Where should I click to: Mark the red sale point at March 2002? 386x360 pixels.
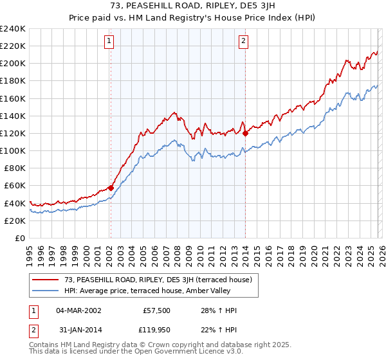pyautogui.click(x=111, y=188)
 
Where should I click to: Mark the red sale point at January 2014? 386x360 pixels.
pyautogui.click(x=246, y=134)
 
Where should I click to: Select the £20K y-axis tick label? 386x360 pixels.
pyautogui.click(x=15, y=221)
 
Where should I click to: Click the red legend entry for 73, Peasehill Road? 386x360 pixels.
pyautogui.click(x=152, y=280)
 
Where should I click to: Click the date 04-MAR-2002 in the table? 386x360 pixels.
pyautogui.click(x=78, y=310)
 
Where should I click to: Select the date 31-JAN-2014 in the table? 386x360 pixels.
pyautogui.click(x=78, y=330)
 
